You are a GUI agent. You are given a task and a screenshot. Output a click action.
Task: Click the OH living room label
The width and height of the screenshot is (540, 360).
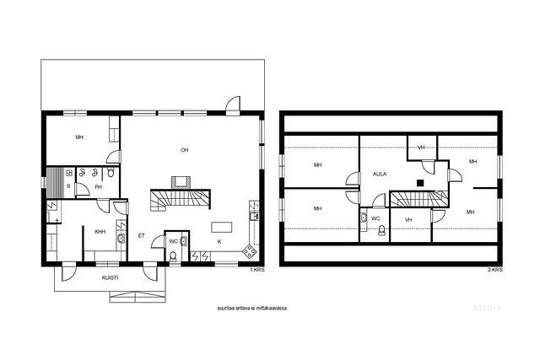[184, 150]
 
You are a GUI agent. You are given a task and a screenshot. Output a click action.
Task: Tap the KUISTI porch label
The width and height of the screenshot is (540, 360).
[111, 277]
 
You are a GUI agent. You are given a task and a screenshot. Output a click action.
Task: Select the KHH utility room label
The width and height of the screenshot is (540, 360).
[100, 232]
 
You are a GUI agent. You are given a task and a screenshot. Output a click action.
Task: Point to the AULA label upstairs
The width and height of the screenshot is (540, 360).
[380, 175]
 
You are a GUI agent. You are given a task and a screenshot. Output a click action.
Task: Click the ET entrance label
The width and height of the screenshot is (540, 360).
[141, 236]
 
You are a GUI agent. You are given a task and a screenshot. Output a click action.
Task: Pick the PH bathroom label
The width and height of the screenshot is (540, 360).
[99, 187]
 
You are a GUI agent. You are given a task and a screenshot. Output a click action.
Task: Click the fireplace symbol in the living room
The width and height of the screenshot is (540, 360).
[181, 182]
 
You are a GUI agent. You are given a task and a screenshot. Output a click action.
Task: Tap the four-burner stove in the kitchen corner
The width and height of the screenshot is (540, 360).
[250, 251]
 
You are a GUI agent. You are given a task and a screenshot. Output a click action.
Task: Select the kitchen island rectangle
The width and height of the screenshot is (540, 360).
[221, 228]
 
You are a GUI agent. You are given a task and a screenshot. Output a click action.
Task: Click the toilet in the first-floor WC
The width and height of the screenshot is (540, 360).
[173, 256]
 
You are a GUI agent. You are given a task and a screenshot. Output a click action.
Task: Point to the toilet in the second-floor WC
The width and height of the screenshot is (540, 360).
[381, 230]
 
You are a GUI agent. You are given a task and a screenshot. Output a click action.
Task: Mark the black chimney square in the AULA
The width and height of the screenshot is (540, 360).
[420, 183]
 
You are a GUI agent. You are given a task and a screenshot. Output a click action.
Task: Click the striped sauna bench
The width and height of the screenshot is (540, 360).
[55, 183]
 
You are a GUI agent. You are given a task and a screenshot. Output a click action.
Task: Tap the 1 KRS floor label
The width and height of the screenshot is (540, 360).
[257, 270]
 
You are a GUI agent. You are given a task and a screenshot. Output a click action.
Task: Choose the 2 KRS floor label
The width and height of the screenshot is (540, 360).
[495, 270]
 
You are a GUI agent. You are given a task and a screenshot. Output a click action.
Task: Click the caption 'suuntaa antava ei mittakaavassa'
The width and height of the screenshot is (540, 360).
[252, 309]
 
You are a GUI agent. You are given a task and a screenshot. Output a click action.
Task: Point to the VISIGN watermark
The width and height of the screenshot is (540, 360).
[488, 308]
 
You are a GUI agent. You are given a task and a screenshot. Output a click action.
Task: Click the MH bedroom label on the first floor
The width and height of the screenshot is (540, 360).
[79, 137]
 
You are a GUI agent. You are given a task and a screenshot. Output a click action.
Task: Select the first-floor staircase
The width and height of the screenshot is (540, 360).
[180, 201]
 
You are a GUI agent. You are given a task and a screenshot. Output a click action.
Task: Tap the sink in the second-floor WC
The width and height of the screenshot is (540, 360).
[364, 218]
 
